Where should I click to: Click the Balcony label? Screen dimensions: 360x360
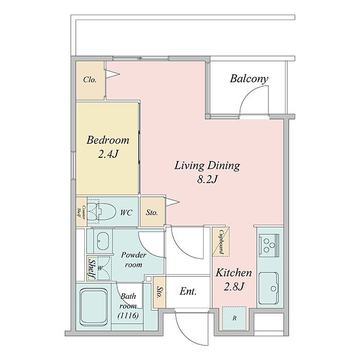249,79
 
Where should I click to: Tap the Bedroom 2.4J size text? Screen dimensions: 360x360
108,154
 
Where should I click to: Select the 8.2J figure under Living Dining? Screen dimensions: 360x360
207,179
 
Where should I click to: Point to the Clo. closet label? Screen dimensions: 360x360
89,80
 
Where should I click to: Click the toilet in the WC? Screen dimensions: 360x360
101,211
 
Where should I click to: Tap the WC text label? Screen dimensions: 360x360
127,212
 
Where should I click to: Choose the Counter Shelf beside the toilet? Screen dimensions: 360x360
81,211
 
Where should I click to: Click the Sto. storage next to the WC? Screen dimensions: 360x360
152,212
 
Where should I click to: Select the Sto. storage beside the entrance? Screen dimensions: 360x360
159,292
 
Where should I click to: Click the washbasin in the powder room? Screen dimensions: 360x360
103,241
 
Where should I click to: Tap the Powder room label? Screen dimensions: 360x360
133,260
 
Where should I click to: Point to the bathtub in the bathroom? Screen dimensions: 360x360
94,307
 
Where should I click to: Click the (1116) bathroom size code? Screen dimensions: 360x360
128,316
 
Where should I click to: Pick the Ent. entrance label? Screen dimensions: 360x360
188,292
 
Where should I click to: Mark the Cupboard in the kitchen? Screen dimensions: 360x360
221,242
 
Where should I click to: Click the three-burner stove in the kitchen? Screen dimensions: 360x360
269,245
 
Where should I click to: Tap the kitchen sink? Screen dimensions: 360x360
268,288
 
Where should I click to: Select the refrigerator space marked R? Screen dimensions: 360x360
234,318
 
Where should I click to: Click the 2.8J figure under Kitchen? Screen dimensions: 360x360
233,286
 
